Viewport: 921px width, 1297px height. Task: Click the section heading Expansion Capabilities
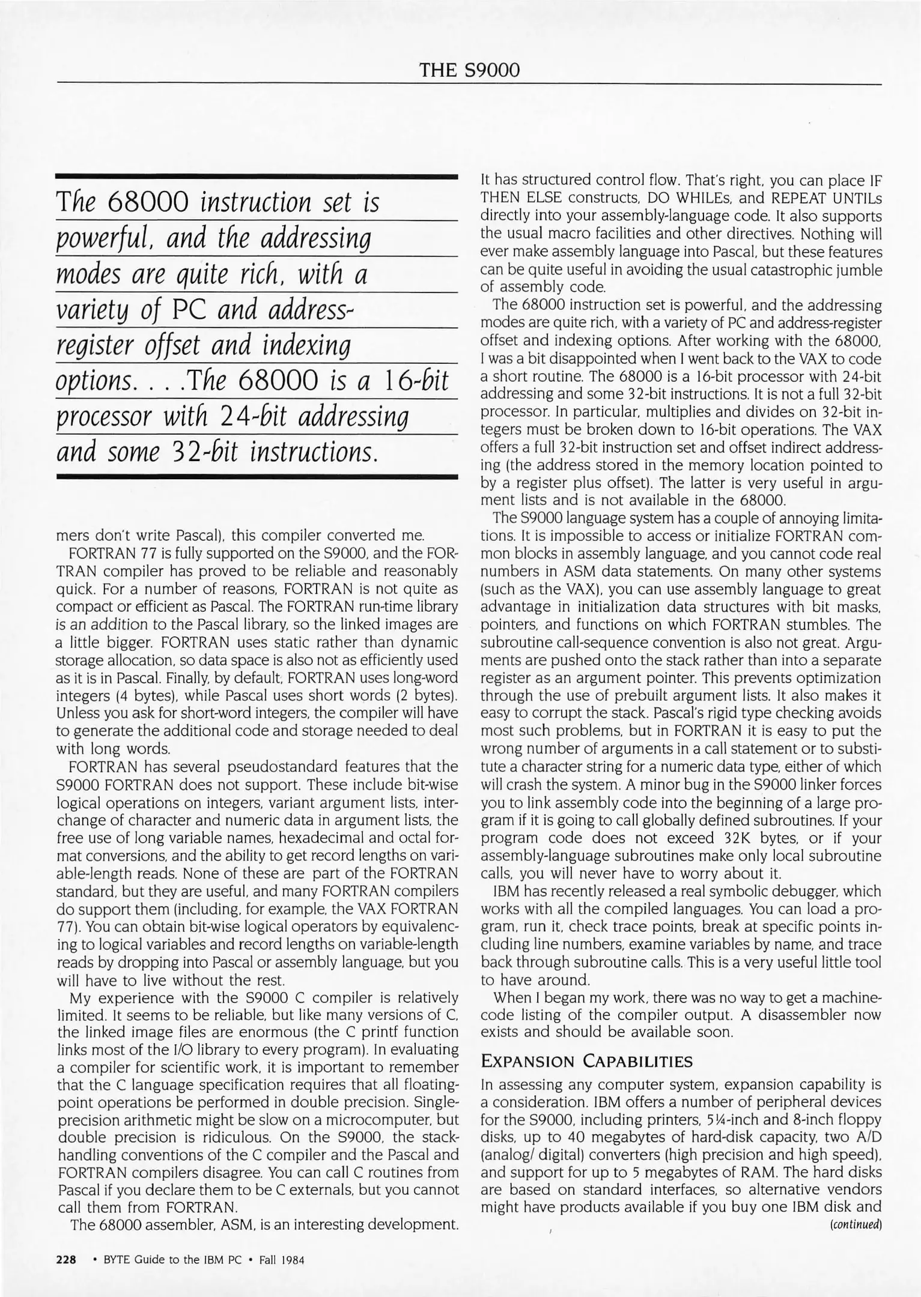[x=587, y=1061]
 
